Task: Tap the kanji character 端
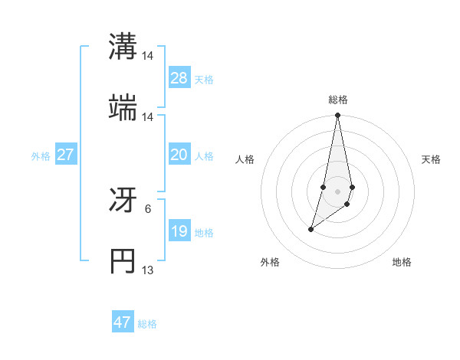[123, 109]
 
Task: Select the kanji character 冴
[123, 201]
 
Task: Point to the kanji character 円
[123, 262]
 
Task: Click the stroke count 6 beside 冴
[148, 208]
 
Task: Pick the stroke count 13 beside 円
[148, 270]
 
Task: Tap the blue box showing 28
[179, 78]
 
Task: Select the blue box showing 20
[179, 155]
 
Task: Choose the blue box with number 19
[179, 231]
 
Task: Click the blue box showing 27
[66, 155]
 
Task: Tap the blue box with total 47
[123, 322]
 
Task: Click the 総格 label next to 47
[148, 324]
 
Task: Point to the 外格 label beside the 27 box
[41, 155]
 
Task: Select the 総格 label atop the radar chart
[338, 100]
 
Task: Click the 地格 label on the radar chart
[402, 262]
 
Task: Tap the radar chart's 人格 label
[245, 159]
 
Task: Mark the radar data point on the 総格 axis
[338, 116]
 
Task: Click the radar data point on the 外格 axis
[311, 229]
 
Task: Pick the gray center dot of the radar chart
[338, 191]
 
